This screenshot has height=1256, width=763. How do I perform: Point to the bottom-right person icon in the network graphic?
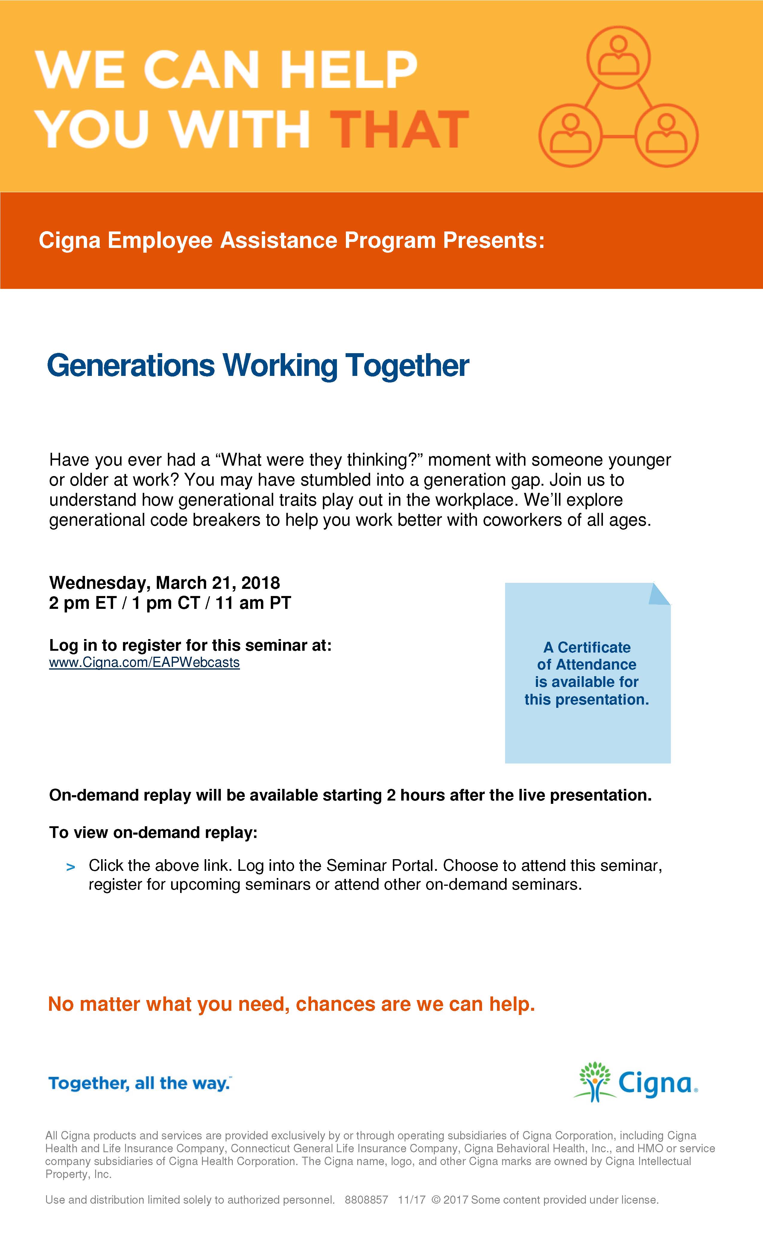(666, 135)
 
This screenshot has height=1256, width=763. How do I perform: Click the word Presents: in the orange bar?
(494, 240)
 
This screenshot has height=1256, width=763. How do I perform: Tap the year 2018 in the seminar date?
(261, 583)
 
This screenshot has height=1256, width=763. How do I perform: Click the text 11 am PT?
(253, 603)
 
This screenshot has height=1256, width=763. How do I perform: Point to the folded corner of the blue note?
(659, 594)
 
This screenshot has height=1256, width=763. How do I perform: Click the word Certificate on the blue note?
(594, 647)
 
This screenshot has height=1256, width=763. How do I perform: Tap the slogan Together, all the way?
(139, 1083)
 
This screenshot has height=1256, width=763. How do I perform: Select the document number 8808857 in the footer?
(366, 1200)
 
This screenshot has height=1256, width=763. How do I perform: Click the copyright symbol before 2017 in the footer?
(436, 1200)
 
